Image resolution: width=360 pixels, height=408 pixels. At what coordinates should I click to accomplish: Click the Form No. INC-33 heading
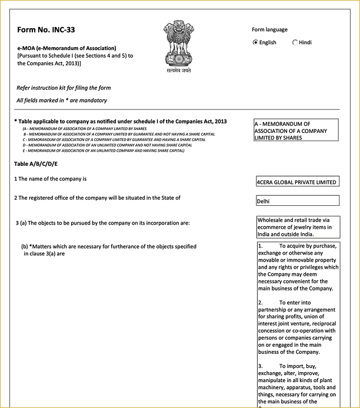pyautogui.click(x=46, y=29)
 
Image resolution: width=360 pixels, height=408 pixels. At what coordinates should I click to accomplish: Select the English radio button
pyautogui.click(x=255, y=42)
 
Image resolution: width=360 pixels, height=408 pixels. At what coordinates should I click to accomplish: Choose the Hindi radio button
pyautogui.click(x=295, y=42)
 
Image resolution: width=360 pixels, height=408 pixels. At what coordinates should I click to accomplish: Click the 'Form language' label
pyautogui.click(x=269, y=30)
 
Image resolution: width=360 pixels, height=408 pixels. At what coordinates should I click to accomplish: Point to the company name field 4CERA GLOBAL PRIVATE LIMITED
pyautogui.click(x=297, y=182)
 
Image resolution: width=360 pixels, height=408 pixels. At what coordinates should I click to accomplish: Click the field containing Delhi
pyautogui.click(x=297, y=201)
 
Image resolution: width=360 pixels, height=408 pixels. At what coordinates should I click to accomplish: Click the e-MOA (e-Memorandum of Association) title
pyautogui.click(x=67, y=48)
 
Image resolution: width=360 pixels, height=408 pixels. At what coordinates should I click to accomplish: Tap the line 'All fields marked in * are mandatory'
pyautogui.click(x=62, y=101)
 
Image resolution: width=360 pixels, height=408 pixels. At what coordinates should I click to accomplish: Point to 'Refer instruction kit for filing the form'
pyautogui.click(x=64, y=88)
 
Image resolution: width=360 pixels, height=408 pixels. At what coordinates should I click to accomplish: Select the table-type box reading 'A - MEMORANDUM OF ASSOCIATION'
pyautogui.click(x=296, y=131)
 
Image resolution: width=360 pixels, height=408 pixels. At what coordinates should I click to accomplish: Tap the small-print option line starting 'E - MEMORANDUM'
pyautogui.click(x=104, y=151)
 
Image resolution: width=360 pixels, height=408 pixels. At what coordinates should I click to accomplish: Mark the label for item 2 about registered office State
pyautogui.click(x=98, y=198)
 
